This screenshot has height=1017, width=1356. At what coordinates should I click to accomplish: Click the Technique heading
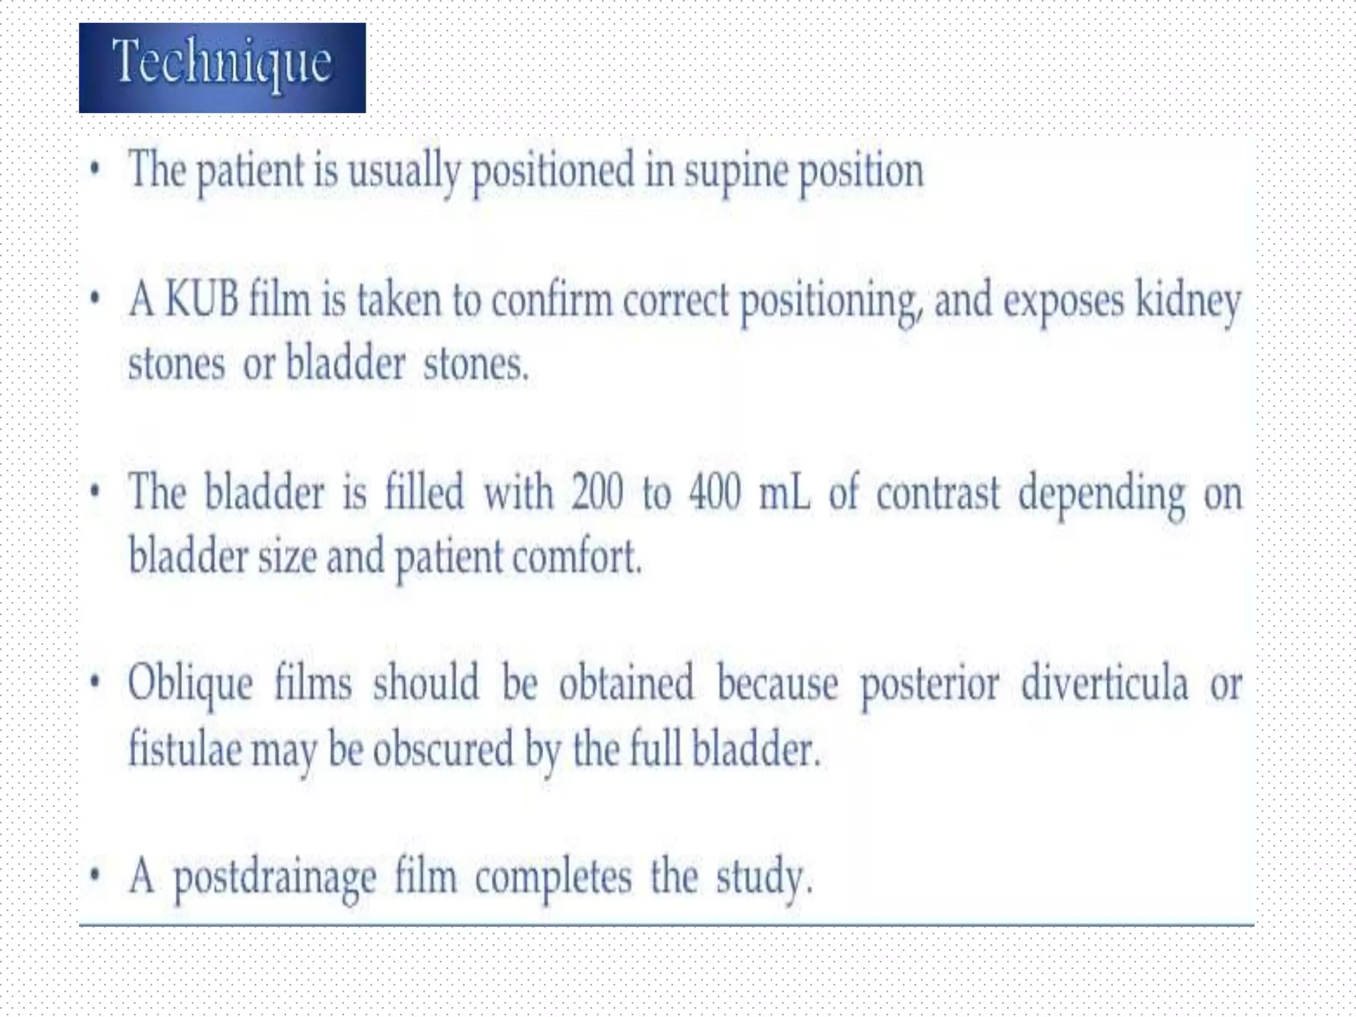pos(222,64)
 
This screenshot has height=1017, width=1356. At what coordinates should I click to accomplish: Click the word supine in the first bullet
pos(736,171)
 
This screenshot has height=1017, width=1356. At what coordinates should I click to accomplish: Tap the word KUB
pos(201,300)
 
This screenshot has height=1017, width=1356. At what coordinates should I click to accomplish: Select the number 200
pos(597,493)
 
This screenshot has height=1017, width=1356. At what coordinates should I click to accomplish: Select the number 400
pos(714,493)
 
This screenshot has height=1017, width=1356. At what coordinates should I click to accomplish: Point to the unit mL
pos(784,494)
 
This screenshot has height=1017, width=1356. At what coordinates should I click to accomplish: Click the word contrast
pos(938,494)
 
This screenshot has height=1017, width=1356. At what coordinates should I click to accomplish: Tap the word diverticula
pos(1104,683)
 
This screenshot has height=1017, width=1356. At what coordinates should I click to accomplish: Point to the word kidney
pos(1188,302)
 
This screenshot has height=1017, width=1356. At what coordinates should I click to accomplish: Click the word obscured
pos(443,749)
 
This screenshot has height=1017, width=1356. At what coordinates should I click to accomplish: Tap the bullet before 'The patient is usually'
pos(95,169)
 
